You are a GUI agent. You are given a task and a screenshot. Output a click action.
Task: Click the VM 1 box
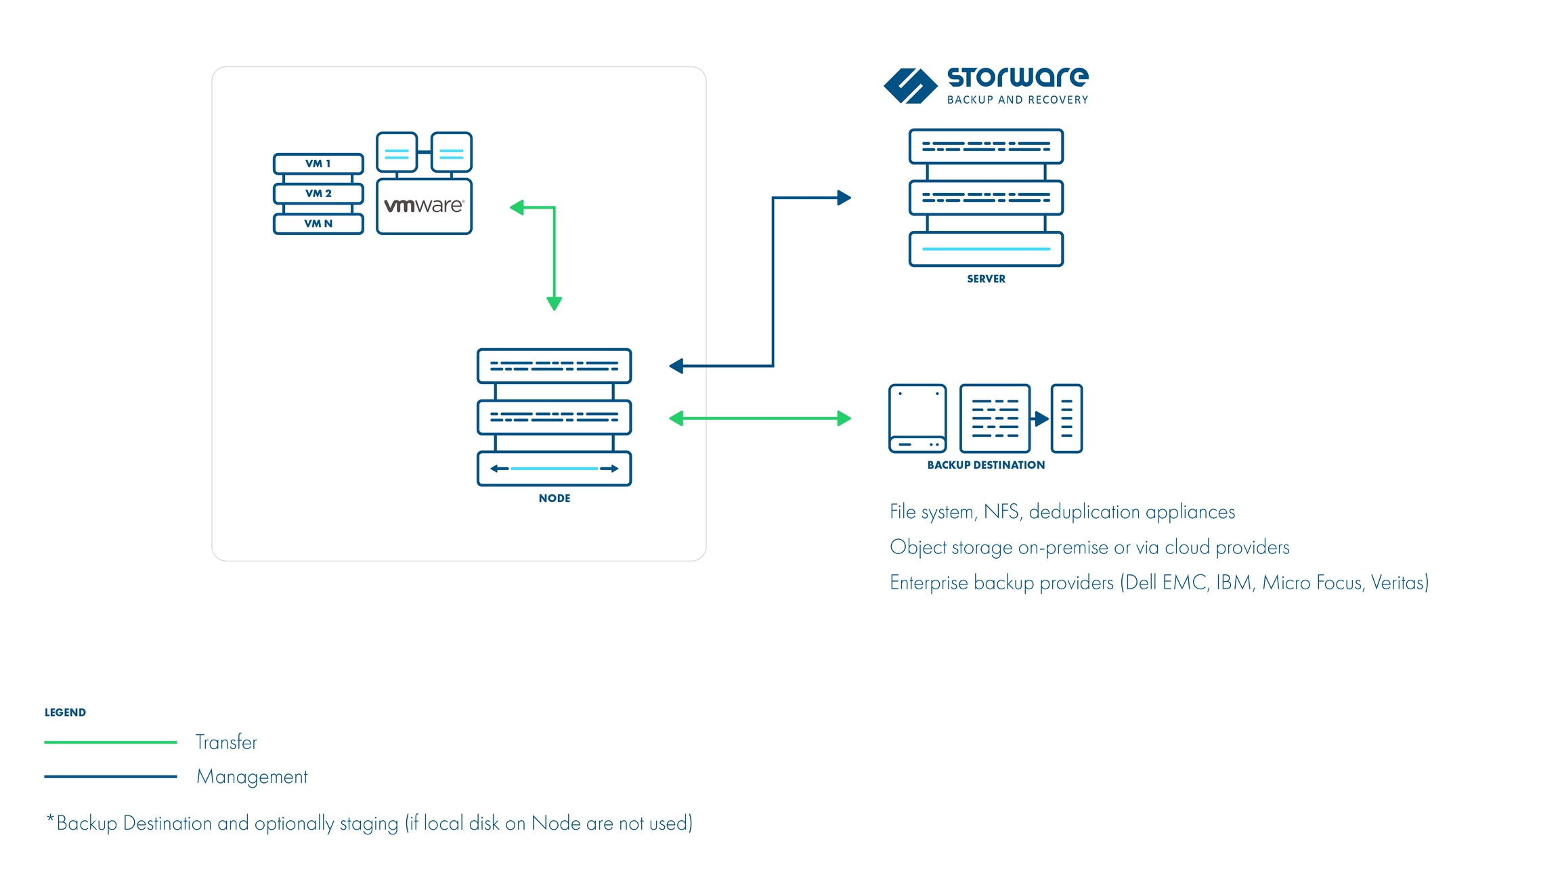pos(318,164)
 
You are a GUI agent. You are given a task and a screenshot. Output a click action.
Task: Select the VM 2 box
pos(318,194)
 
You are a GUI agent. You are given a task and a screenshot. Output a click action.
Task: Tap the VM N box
pos(318,224)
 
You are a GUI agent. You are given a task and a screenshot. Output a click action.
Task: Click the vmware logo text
pos(424,206)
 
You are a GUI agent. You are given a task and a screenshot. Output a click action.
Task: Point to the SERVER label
pos(986,279)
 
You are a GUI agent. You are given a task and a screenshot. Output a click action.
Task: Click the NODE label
pos(555,498)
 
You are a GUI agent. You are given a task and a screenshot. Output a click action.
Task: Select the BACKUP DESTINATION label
pos(986,465)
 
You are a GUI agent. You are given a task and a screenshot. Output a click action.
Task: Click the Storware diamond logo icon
pos(910,86)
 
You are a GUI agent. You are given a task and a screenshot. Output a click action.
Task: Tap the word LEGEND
pos(65,713)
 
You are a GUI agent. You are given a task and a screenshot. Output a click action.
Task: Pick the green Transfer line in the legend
pos(110,742)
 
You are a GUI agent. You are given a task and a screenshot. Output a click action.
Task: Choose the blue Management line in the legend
pos(110,777)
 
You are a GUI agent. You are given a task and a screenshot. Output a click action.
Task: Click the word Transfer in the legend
pos(226,742)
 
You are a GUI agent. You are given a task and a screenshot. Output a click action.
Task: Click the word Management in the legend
pos(252,777)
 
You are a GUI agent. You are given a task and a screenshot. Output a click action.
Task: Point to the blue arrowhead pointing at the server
pos(844,198)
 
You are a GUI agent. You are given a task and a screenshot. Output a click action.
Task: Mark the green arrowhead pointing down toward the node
pos(555,303)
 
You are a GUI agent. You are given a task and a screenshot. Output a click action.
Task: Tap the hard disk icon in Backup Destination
pos(917,419)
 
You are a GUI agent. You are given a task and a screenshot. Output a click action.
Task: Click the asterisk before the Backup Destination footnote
pos(50,820)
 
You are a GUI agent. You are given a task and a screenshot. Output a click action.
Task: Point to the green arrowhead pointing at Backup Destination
pos(844,419)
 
